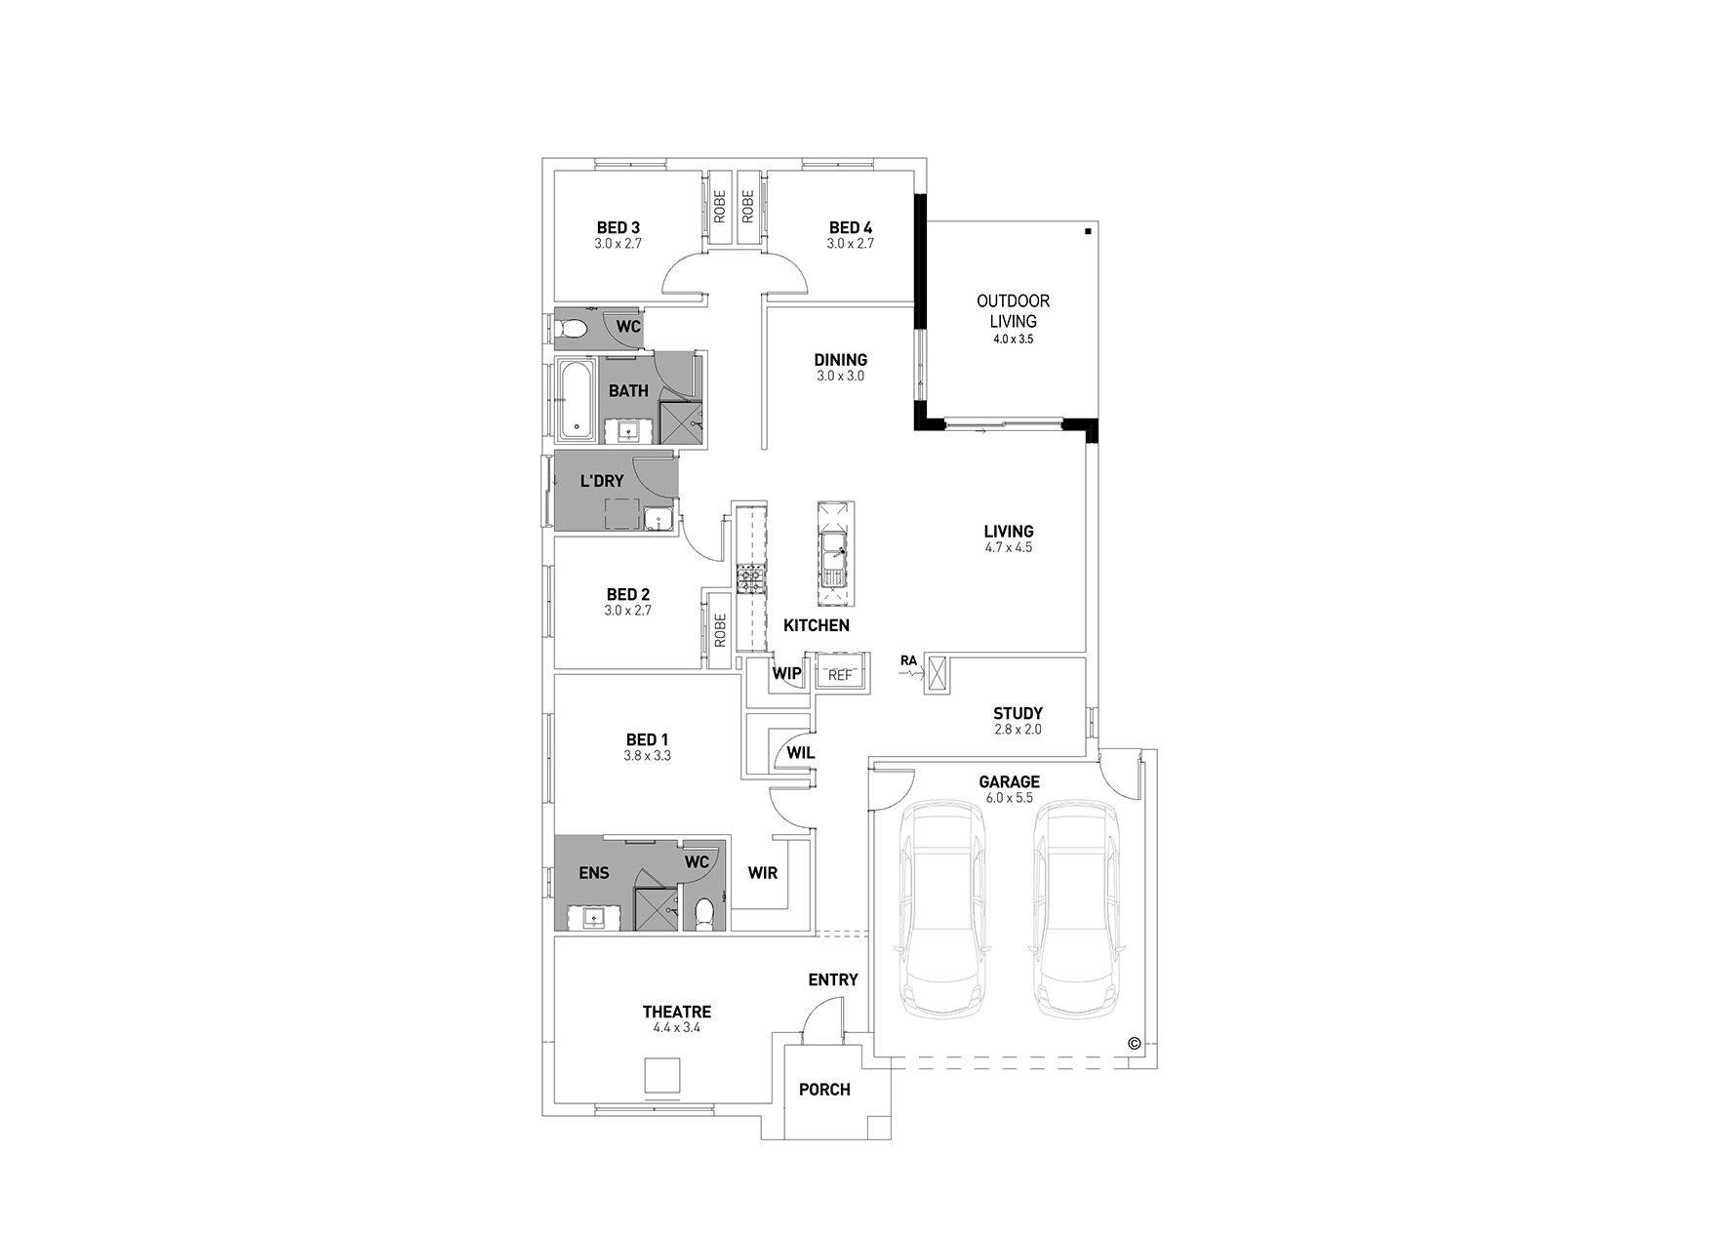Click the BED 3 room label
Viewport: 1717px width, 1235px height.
coord(618,228)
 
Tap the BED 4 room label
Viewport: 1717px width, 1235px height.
coord(851,228)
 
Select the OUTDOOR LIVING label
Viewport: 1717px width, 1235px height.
coord(1013,311)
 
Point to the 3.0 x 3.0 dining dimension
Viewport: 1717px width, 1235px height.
coord(840,376)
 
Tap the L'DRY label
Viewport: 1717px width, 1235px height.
coord(601,481)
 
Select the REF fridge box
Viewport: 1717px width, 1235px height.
coord(840,675)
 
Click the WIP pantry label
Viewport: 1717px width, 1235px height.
coord(786,673)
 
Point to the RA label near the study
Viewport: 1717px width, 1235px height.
coord(908,660)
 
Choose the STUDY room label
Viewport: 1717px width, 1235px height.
coord(1018,713)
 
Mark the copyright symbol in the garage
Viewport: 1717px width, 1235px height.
coord(1134,1043)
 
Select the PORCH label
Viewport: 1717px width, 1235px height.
coord(824,1090)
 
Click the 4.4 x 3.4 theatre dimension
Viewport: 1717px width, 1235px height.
coord(676,1028)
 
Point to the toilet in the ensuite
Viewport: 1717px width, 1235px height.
coord(705,913)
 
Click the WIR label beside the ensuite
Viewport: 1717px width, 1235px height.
coord(763,873)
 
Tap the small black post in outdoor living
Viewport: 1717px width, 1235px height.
coord(1087,232)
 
